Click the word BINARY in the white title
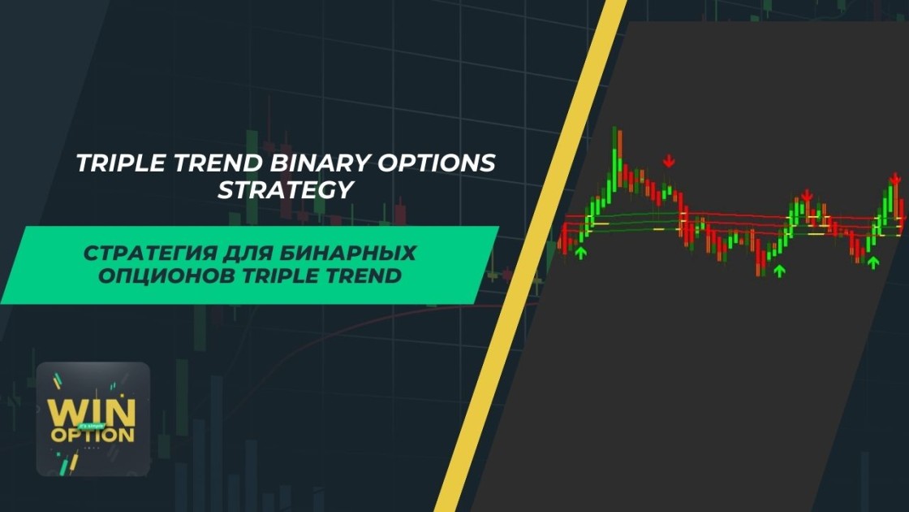pyautogui.click(x=321, y=163)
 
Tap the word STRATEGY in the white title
pyautogui.click(x=285, y=190)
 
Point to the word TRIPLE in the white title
pyautogui.click(x=121, y=163)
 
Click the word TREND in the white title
pyautogui.click(x=218, y=163)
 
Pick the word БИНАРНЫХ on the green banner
pyautogui.click(x=348, y=253)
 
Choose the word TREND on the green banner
pyautogui.click(x=364, y=276)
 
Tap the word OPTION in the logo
pyautogui.click(x=93, y=435)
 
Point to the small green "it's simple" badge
pyautogui.click(x=92, y=426)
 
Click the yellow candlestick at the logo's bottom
pyautogui.click(x=74, y=464)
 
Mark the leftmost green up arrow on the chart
pyautogui.click(x=580, y=253)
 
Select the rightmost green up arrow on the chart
pyautogui.click(x=873, y=262)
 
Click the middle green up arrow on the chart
pyautogui.click(x=780, y=270)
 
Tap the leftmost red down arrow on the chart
pyautogui.click(x=669, y=160)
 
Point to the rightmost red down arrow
pyautogui.click(x=895, y=178)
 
